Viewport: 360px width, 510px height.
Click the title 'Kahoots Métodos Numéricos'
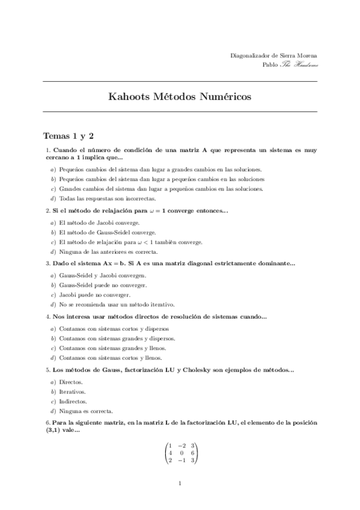[180, 97]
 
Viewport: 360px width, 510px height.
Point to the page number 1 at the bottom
[180, 482]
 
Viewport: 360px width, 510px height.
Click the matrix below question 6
[180, 452]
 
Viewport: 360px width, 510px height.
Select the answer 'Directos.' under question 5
[71, 382]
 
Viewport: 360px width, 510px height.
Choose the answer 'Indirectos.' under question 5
[73, 401]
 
